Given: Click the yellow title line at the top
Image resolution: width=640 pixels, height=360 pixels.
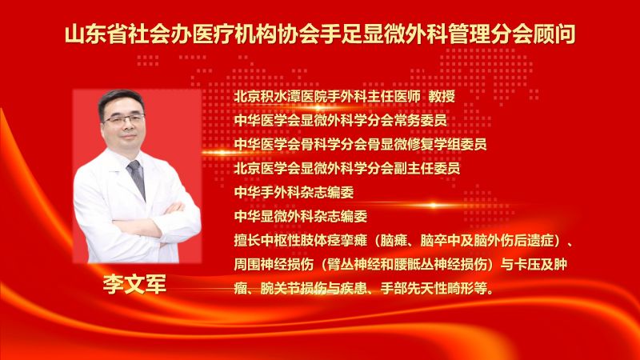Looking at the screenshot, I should point(320,35).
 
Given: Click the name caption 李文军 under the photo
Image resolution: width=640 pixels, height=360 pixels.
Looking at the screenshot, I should point(134,286).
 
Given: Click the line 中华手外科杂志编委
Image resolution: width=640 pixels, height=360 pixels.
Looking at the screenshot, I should point(293,193).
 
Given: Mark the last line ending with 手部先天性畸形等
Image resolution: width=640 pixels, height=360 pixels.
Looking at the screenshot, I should point(364,286).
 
